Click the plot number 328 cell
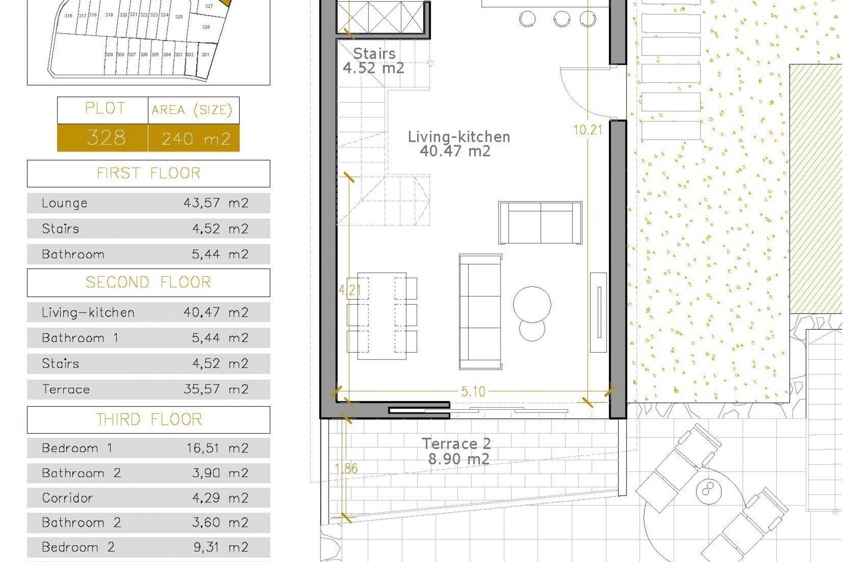click(x=106, y=138)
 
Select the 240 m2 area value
click(x=195, y=139)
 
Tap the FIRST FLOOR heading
click(x=148, y=173)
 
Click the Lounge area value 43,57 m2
click(x=216, y=203)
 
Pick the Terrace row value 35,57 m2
click(x=216, y=389)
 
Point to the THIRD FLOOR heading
click(x=148, y=420)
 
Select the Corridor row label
click(x=67, y=498)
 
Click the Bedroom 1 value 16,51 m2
click(x=216, y=448)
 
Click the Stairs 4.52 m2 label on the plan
click(x=374, y=61)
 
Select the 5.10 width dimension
click(x=473, y=391)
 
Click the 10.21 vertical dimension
click(x=587, y=130)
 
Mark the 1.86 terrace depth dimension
click(x=346, y=468)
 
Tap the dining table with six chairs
click(x=381, y=316)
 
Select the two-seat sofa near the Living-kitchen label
click(x=540, y=223)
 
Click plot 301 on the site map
click(x=205, y=55)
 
